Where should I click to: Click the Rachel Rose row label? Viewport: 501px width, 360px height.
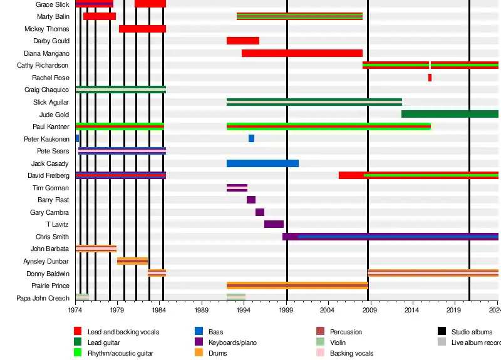pyautogui.click(x=51, y=78)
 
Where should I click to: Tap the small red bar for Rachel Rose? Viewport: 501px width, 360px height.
pyautogui.click(x=430, y=78)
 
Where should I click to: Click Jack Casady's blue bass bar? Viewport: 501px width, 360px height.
pyautogui.click(x=262, y=163)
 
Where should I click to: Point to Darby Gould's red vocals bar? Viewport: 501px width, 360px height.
pyautogui.click(x=242, y=41)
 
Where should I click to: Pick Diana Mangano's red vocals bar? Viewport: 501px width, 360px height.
pyautogui.click(x=302, y=53)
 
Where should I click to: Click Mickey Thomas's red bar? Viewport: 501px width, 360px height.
pyautogui.click(x=142, y=29)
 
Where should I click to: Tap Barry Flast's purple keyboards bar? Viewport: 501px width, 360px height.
pyautogui.click(x=251, y=200)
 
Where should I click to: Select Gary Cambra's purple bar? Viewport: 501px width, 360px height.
pyautogui.click(x=260, y=212)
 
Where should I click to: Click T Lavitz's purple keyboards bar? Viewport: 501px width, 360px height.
pyautogui.click(x=274, y=224)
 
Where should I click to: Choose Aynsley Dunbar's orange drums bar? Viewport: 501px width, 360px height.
pyautogui.click(x=132, y=261)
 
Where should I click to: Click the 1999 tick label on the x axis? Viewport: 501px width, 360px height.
pyautogui.click(x=286, y=310)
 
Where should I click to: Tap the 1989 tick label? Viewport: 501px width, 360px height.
pyautogui.click(x=202, y=310)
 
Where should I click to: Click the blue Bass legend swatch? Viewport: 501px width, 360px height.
pyautogui.click(x=199, y=332)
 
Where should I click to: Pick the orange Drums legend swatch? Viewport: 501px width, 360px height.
pyautogui.click(x=199, y=353)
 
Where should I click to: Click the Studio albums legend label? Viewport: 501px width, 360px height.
pyautogui.click(x=472, y=332)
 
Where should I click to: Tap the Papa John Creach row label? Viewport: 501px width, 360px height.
pyautogui.click(x=43, y=298)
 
